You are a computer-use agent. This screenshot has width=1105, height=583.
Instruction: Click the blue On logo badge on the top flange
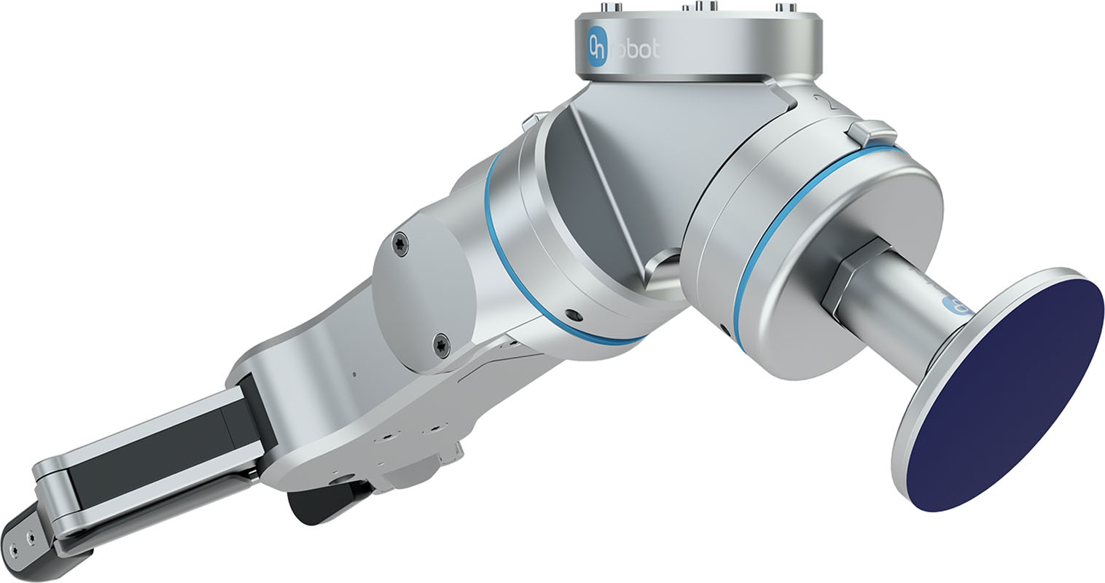click(598, 48)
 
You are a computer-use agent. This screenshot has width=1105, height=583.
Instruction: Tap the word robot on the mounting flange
click(636, 50)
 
